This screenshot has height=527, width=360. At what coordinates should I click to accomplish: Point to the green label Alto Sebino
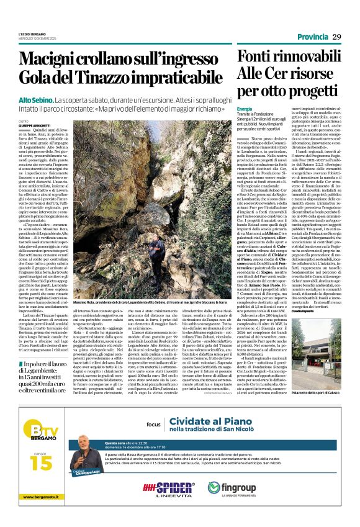pos(35,99)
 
